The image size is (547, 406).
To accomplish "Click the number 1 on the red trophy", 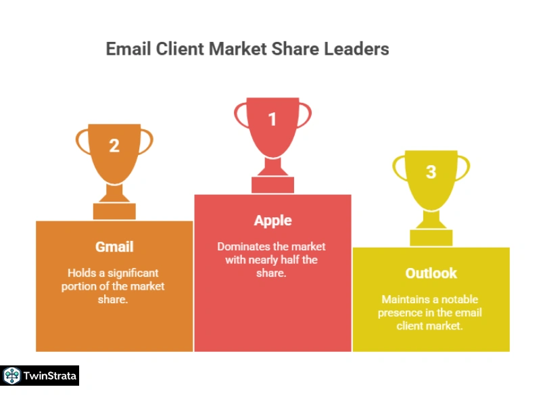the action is (x=272, y=119).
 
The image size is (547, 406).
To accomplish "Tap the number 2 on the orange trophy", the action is (x=114, y=145).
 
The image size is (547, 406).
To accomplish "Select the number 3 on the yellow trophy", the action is (x=431, y=172).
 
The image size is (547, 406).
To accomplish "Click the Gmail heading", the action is (x=114, y=247).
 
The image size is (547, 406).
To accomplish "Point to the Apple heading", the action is (x=272, y=221).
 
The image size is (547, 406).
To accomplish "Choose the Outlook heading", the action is (x=431, y=273).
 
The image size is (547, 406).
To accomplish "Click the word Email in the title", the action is (x=128, y=49).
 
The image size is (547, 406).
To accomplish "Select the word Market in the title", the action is (x=237, y=49).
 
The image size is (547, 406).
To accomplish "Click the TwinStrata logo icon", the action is (x=12, y=376).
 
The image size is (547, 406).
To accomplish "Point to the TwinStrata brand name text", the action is (x=50, y=376).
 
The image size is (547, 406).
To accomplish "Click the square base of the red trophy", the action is (x=272, y=185).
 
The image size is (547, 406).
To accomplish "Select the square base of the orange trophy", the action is (x=114, y=212).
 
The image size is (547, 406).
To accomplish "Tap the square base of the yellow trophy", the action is (x=431, y=238).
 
